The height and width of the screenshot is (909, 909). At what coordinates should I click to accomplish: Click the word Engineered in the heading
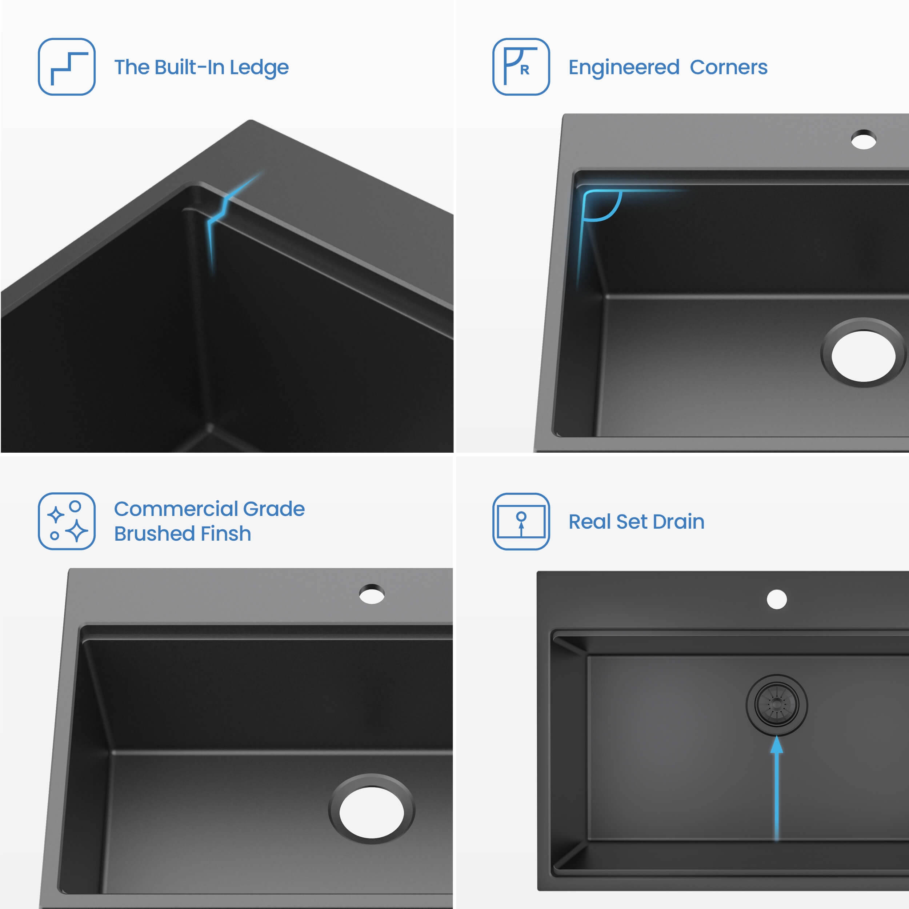pyautogui.click(x=624, y=68)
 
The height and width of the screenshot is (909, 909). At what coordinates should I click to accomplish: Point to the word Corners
pyautogui.click(x=729, y=67)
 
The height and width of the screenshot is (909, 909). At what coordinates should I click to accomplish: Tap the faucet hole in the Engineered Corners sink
pyautogui.click(x=864, y=140)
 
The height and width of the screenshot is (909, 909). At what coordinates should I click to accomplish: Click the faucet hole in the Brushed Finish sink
pyautogui.click(x=372, y=594)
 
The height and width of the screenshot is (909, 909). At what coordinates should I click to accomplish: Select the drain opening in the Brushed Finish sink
pyautogui.click(x=372, y=809)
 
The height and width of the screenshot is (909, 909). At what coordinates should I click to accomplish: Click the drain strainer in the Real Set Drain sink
pyautogui.click(x=777, y=705)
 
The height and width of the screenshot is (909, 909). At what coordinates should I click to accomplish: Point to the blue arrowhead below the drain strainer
pyautogui.click(x=777, y=745)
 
